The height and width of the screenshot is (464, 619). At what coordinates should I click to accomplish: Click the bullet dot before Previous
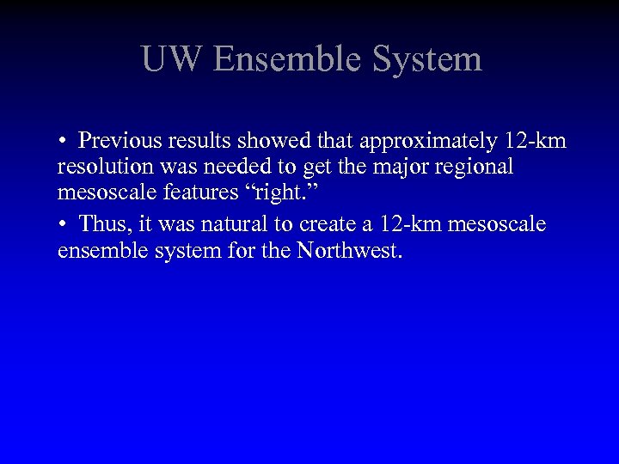click(64, 142)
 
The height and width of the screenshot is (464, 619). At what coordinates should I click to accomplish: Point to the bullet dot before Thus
click(64, 225)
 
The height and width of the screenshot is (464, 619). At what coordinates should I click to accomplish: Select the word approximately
click(416, 141)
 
